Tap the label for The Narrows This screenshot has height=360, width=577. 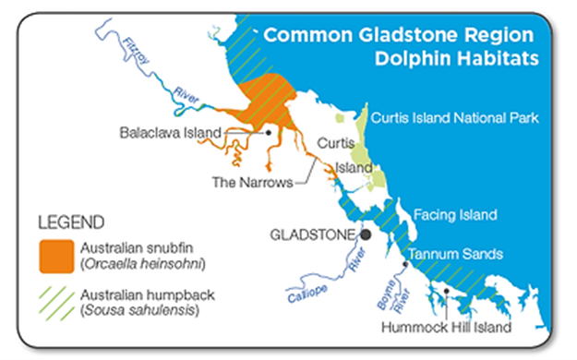coord(252,182)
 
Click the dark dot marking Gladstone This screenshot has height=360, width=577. coord(367,234)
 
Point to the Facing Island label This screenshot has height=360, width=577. coord(455,215)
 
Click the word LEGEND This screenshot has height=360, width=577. coord(70,222)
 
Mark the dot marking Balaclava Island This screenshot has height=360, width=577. coord(268,132)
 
